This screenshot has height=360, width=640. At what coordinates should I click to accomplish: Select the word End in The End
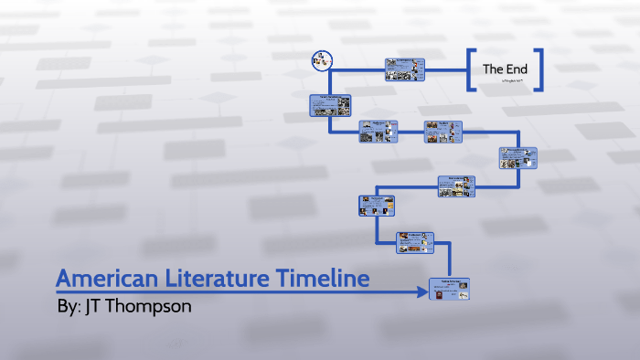(517, 69)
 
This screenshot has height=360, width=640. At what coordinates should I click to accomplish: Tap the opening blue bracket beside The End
(471, 69)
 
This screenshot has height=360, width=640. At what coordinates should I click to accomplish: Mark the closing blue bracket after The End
(539, 69)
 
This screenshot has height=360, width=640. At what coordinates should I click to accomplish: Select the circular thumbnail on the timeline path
(321, 60)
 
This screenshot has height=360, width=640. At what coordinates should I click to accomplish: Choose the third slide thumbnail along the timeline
(375, 206)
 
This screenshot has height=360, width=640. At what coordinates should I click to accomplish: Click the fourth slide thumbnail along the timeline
(455, 185)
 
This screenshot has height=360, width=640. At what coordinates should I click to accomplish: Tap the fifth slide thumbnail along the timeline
(518, 158)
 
